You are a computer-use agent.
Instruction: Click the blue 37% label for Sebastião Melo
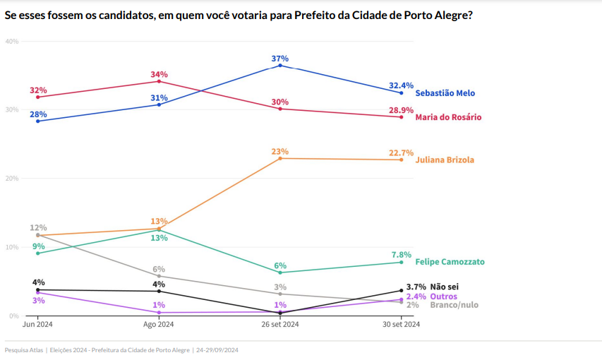280,59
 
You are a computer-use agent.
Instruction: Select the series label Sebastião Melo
445,93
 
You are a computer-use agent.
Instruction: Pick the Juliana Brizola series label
445,160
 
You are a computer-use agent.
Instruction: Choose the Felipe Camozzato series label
450,262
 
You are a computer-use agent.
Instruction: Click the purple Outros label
444,296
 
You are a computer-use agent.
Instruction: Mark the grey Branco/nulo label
454,305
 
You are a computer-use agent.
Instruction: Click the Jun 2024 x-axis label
38,325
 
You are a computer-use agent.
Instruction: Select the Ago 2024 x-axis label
159,325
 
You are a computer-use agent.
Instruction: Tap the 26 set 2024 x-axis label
280,325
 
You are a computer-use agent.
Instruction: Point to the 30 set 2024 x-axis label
401,325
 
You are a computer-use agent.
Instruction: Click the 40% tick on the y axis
12,41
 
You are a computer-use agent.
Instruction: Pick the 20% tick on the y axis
12,179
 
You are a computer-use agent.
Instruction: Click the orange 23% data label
280,151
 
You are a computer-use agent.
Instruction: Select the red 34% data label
159,75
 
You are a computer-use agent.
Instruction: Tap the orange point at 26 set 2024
280,158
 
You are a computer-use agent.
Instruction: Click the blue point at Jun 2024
38,121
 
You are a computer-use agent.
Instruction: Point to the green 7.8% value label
401,255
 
